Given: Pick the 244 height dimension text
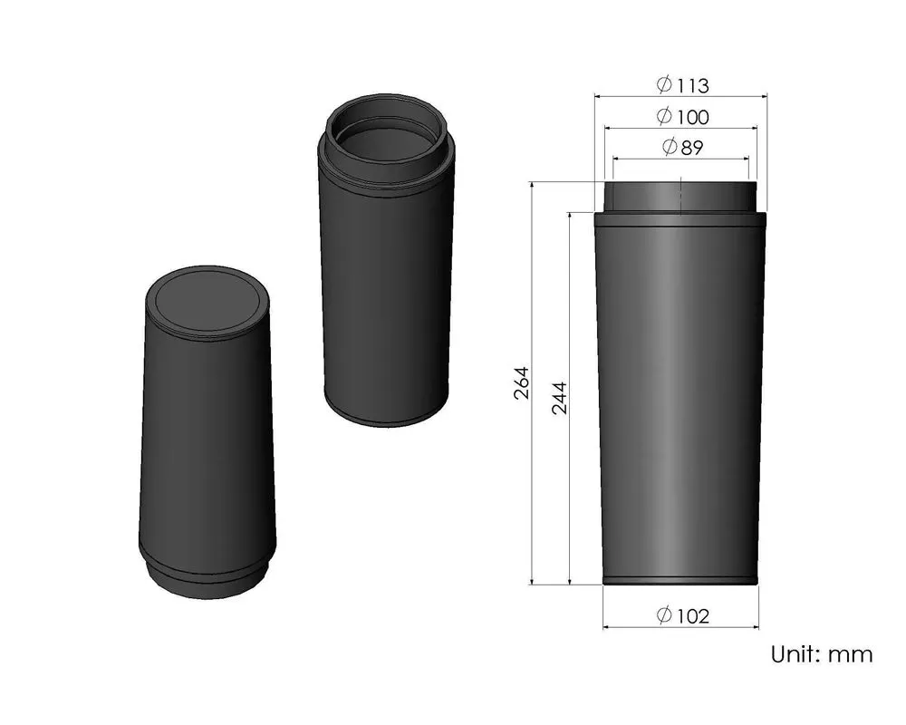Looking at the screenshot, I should coord(559,398).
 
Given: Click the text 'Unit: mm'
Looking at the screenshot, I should coord(822,653).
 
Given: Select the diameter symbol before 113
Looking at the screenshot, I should coord(664,85).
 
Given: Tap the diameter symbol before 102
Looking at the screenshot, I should coord(664,616).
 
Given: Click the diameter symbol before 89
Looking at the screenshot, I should coord(670,148).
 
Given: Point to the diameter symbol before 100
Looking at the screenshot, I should coord(664,117).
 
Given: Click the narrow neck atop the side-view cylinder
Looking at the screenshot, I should coord(679,198).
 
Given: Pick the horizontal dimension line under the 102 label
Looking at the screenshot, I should coord(679,627).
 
